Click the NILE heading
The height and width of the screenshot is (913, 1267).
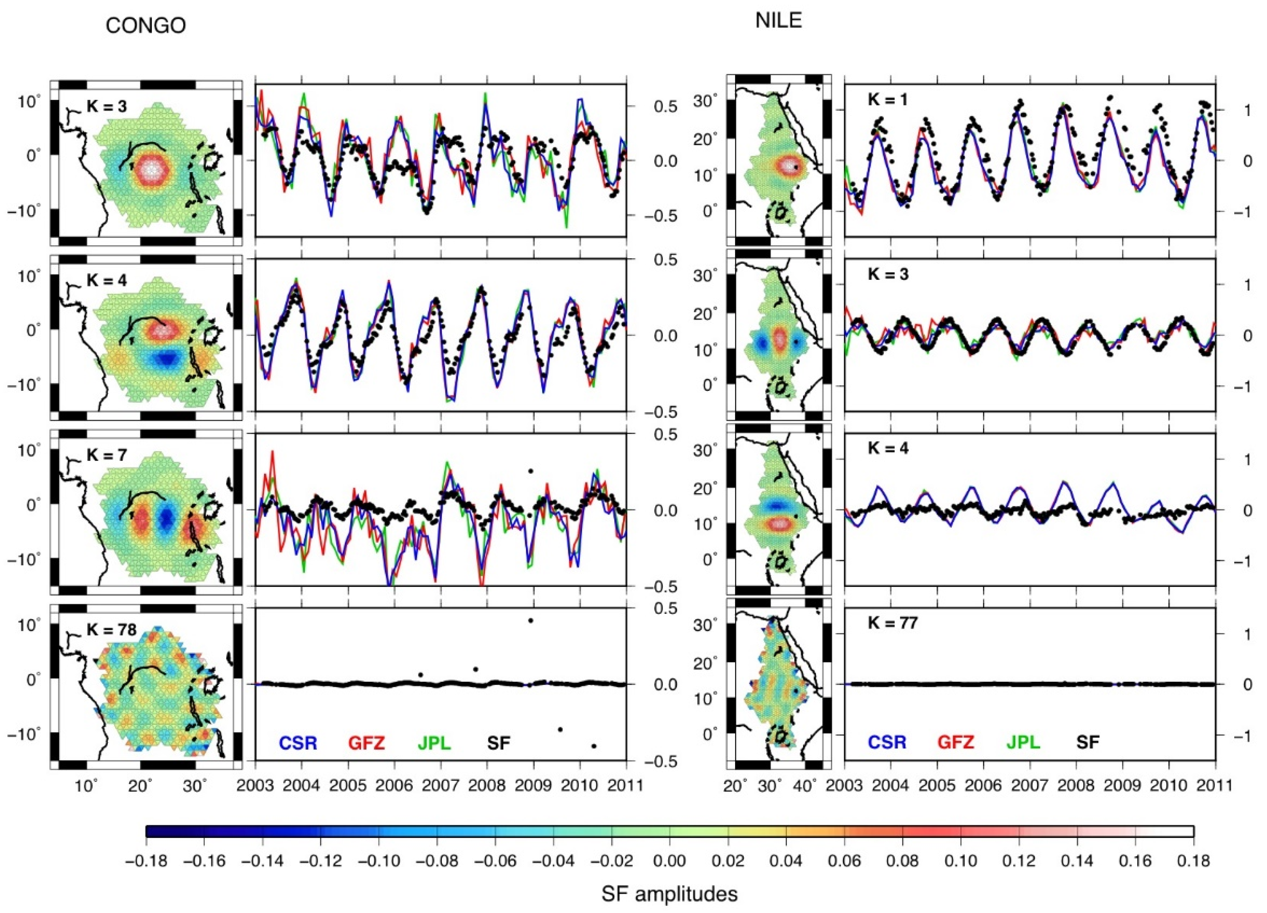coord(778,21)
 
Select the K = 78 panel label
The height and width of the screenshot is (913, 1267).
coord(111,630)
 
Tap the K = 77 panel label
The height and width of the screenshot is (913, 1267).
coord(892,622)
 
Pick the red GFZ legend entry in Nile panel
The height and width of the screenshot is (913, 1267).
coord(955,742)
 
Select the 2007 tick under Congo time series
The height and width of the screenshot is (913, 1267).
coord(440,785)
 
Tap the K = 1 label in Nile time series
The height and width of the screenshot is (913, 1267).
coord(887,99)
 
